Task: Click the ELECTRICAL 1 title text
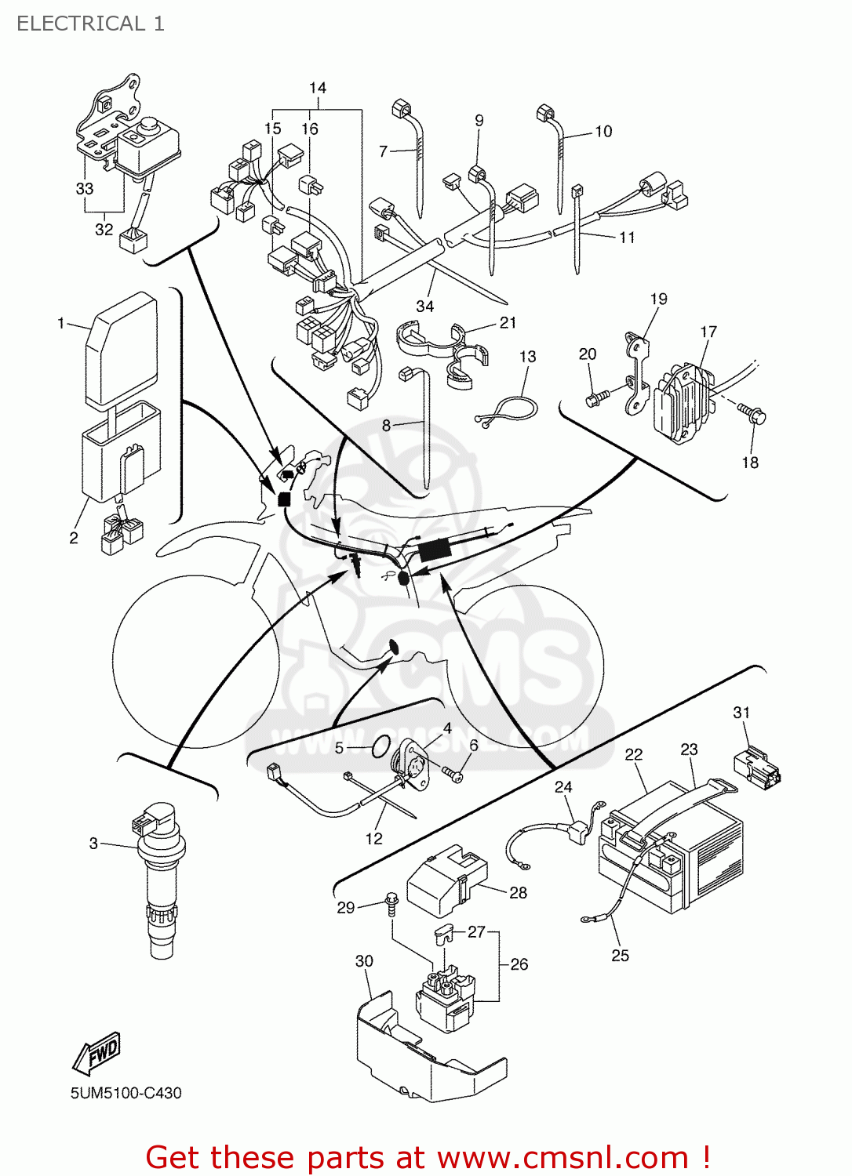coord(90,24)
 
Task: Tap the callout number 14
coord(317,88)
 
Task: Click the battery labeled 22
coord(667,855)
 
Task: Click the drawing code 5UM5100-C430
coord(126,1093)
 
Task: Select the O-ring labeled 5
coord(380,746)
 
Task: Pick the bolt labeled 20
coord(596,400)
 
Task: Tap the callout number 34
coord(424,307)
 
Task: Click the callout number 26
coord(519,964)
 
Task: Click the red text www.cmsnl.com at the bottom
coord(562,1157)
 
